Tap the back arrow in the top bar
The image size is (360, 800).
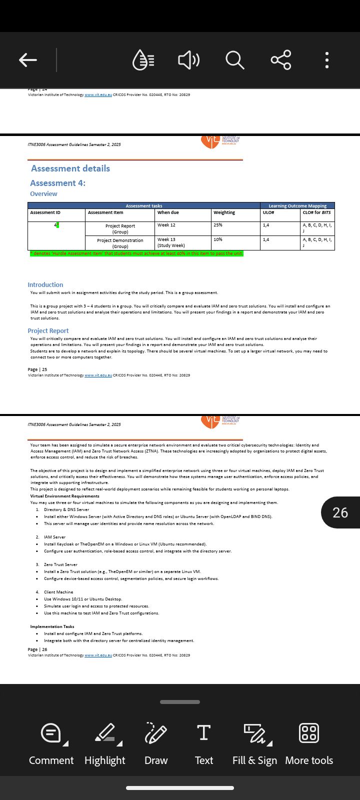tap(28, 60)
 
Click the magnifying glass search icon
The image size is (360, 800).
tap(234, 60)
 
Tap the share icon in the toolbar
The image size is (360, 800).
tap(280, 60)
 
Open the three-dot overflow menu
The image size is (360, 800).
tap(327, 60)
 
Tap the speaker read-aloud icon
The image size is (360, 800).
tap(188, 60)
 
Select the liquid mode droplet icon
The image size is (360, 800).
tap(143, 60)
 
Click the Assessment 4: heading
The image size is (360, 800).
tap(57, 183)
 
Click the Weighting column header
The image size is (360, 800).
tap(224, 212)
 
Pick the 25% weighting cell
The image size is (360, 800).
tap(218, 225)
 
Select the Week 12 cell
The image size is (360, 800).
tap(166, 225)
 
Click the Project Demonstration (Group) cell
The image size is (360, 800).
tap(120, 243)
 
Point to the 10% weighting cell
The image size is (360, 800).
tap(218, 240)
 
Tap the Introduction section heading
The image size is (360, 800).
tap(45, 284)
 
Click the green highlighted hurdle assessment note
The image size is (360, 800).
tap(136, 253)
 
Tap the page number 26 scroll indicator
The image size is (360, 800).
tap(340, 512)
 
